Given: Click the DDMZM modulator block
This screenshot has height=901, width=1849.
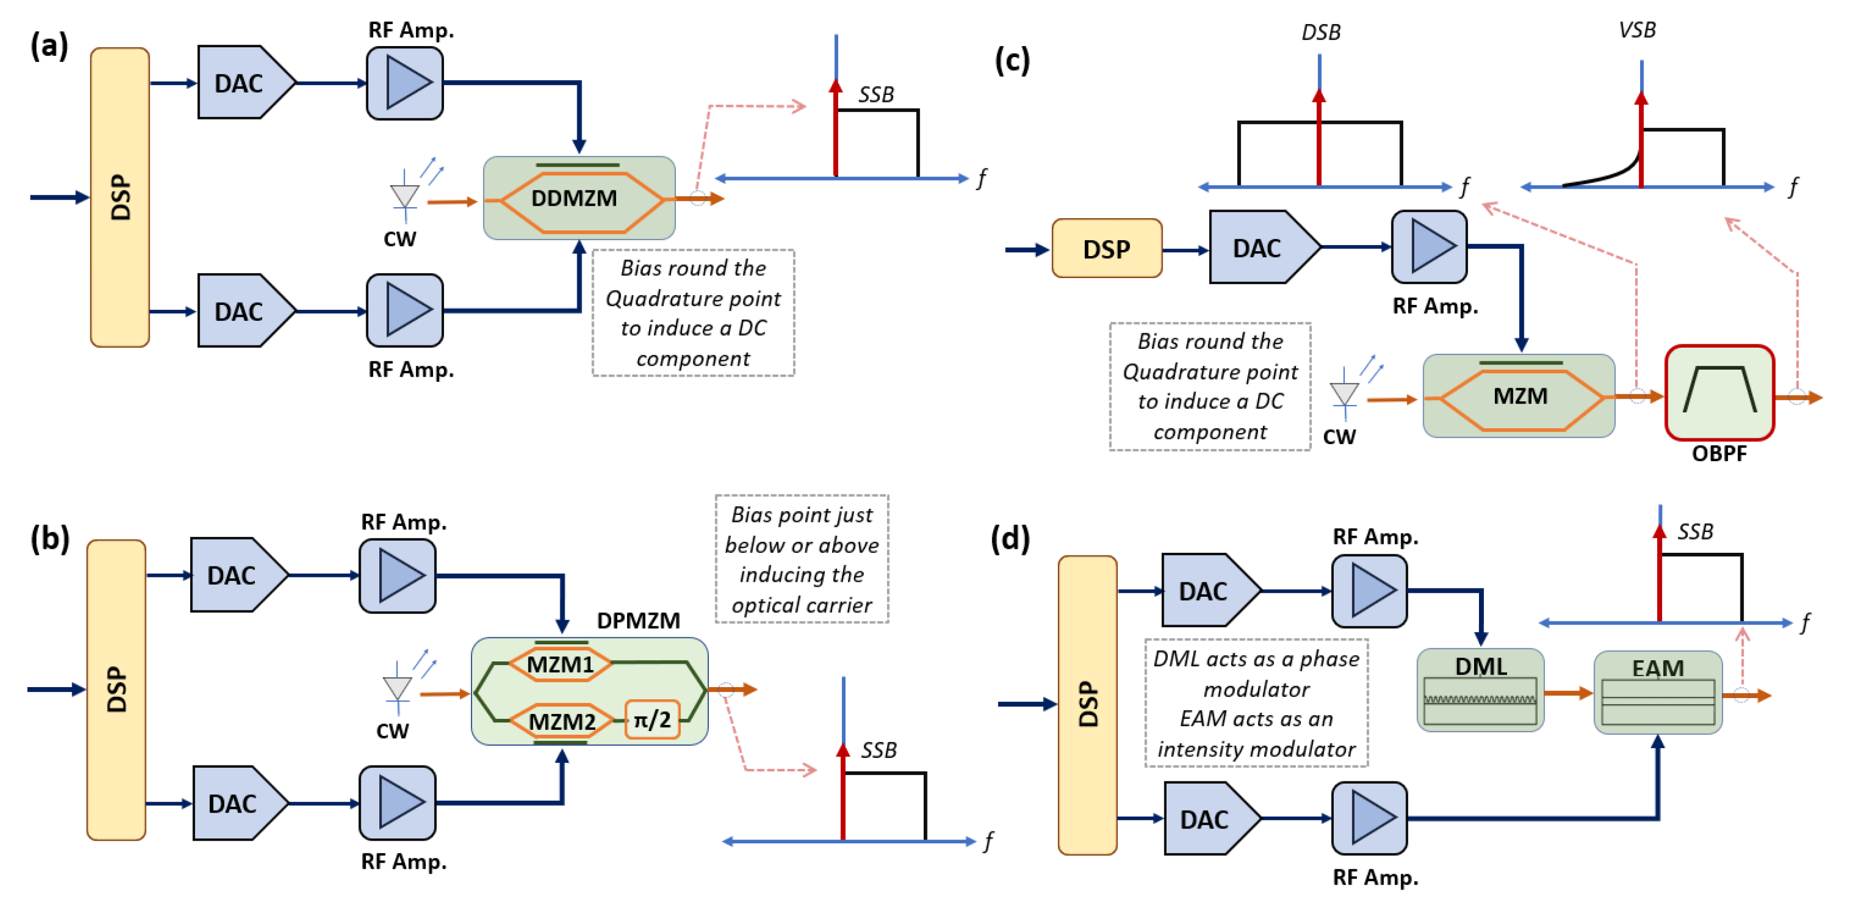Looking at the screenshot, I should coord(578,198).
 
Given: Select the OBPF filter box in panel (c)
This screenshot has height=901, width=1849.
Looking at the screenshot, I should coord(1720,393).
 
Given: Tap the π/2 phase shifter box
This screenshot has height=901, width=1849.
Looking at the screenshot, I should coord(652,719).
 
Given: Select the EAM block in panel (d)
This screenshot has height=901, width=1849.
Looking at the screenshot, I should coord(1657,693).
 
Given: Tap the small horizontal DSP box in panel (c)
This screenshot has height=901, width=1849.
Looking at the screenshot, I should coord(1106,248).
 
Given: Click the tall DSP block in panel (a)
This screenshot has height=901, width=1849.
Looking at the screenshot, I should coord(120,197).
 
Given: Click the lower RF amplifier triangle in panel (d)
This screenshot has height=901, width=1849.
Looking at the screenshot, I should coord(1369,818).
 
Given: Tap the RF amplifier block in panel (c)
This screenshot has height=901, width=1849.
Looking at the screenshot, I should coord(1429,246).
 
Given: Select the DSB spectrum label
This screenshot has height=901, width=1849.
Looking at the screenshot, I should coord(1321,32).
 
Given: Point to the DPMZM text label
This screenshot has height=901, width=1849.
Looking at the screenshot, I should coord(638,620).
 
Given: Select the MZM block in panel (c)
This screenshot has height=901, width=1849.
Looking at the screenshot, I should coord(1519,395).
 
